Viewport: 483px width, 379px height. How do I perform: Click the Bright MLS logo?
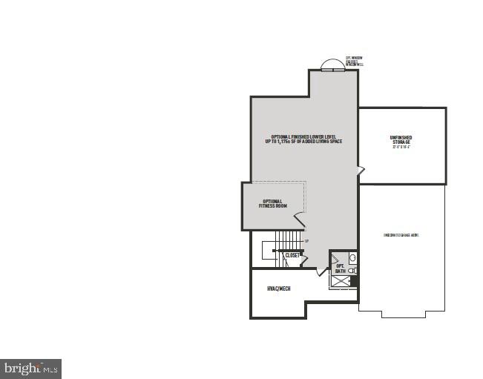tap(31, 368)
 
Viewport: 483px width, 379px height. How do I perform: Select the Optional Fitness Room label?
tap(273, 203)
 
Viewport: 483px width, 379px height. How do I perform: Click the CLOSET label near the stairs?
tap(292, 255)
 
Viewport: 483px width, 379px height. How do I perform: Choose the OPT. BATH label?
tap(341, 268)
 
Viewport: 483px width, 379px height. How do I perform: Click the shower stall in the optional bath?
tap(341, 280)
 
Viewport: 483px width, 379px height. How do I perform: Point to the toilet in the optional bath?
tap(353, 270)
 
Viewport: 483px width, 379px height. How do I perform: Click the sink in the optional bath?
tap(353, 257)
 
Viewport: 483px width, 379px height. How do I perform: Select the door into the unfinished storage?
tap(361, 171)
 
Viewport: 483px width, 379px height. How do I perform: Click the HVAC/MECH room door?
tap(321, 271)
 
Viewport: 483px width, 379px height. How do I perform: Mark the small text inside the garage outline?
tap(401, 235)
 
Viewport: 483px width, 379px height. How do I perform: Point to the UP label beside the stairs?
tap(307, 241)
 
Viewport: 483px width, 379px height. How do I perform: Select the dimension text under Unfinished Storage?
tap(401, 147)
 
